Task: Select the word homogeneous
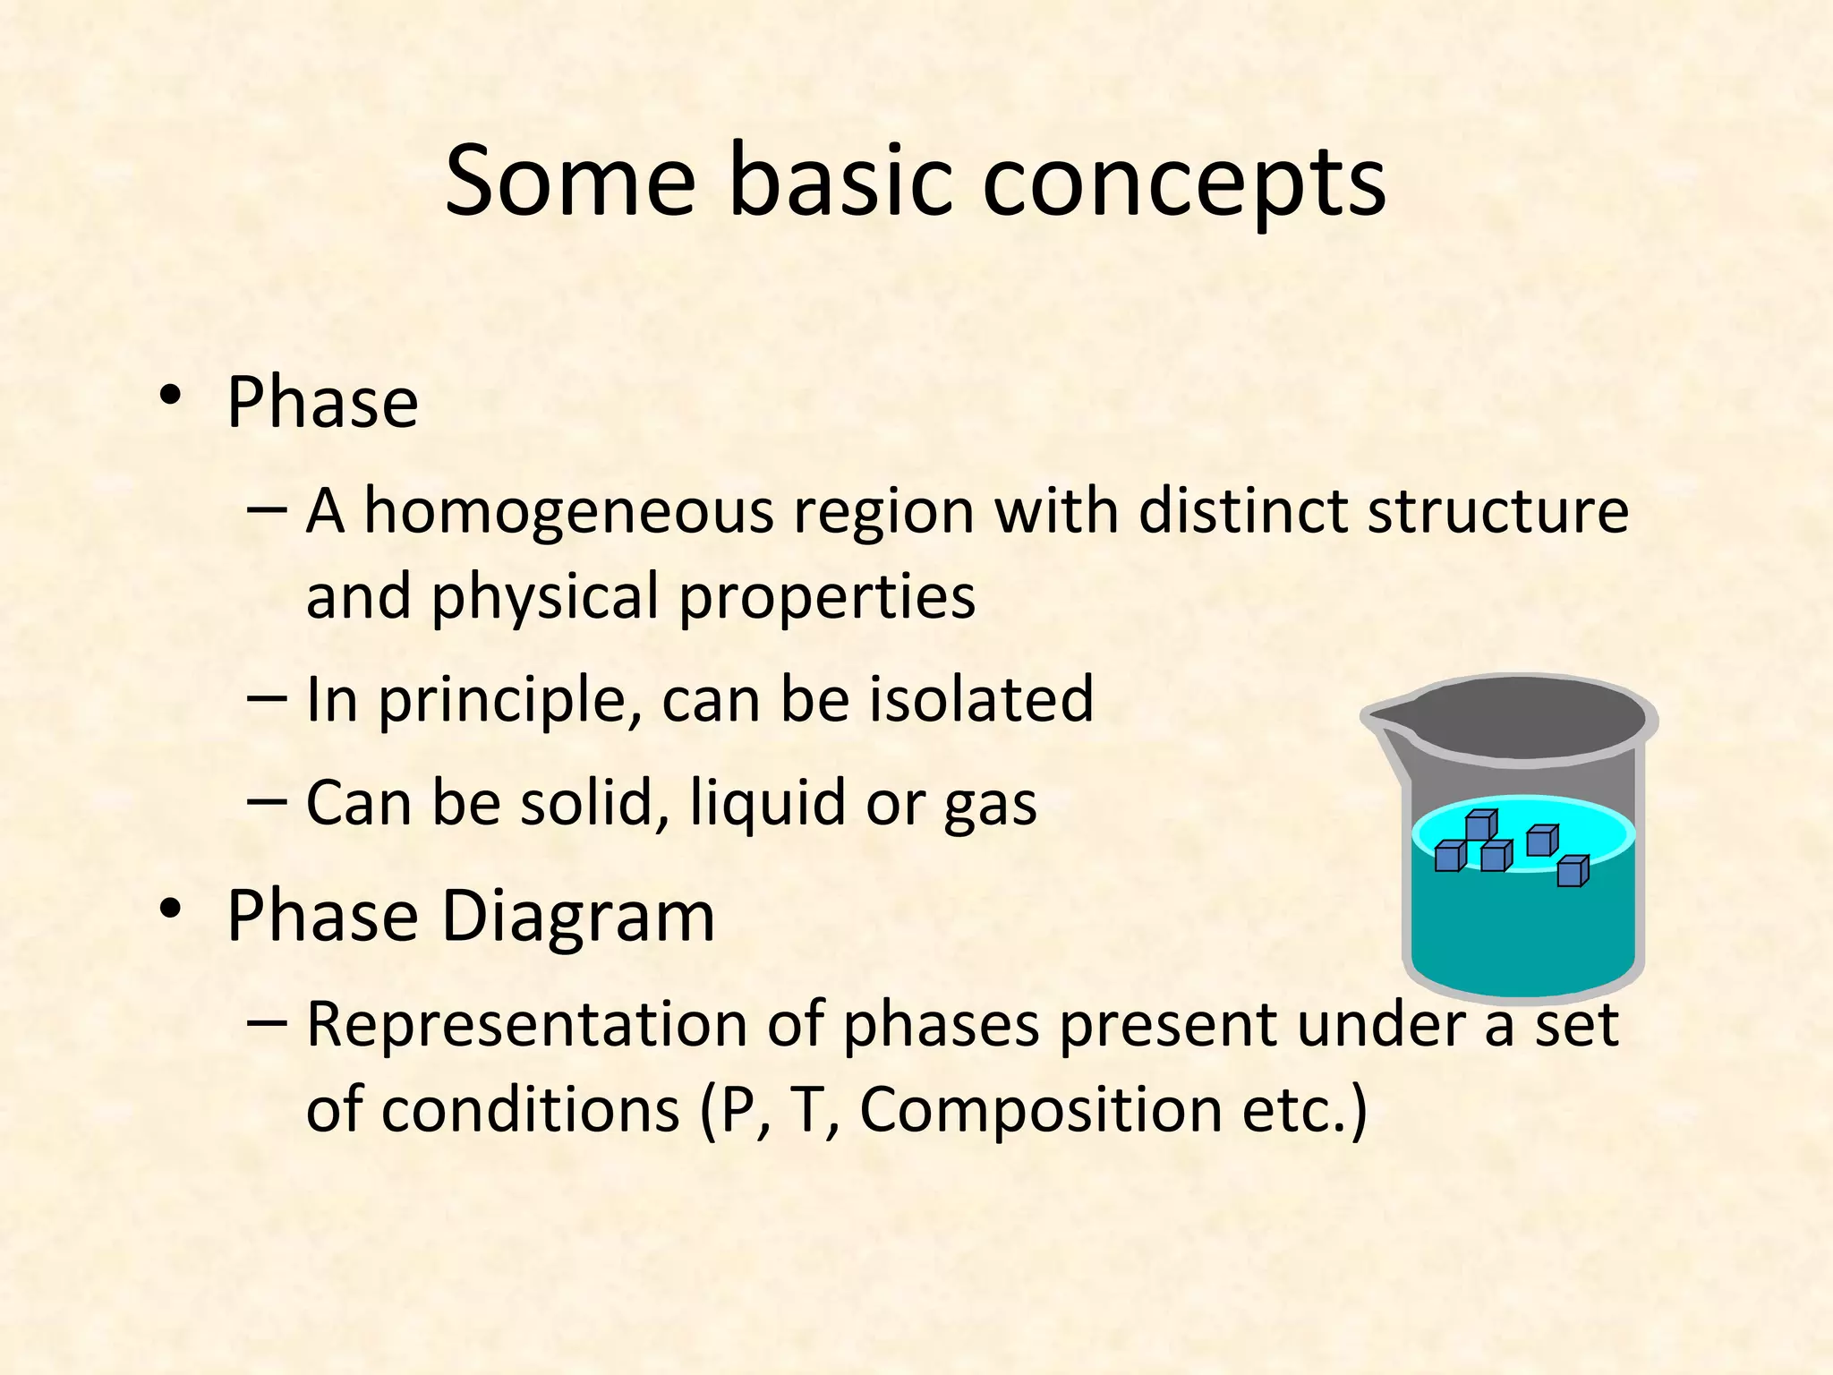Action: point(568,512)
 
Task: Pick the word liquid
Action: point(768,803)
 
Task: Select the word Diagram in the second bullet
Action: point(578,917)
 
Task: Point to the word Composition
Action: point(1041,1110)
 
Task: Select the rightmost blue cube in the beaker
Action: point(1572,871)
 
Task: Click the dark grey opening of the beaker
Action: point(1522,717)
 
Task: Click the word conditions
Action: point(530,1110)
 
